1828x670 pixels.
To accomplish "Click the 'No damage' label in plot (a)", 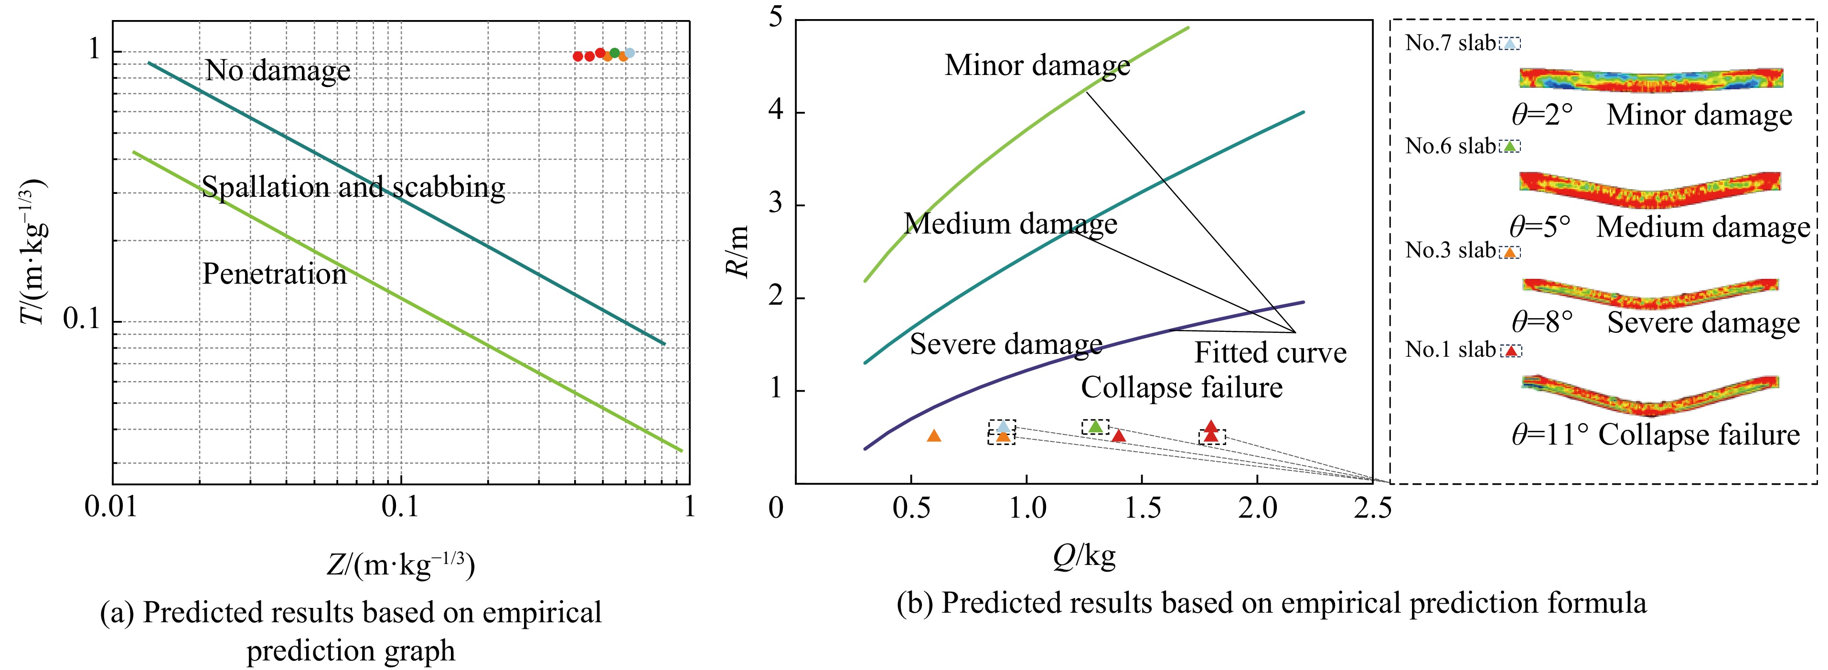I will (278, 71).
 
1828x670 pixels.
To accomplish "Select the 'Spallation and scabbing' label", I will (353, 187).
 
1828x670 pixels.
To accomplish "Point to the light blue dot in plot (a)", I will (630, 53).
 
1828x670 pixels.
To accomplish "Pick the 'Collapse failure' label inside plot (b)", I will (1182, 387).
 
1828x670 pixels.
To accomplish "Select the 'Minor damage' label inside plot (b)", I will (1037, 65).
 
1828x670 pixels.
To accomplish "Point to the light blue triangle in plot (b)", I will (1003, 426).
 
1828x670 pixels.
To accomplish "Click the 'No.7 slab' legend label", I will (1450, 43).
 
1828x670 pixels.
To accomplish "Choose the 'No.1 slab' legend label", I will (1450, 350).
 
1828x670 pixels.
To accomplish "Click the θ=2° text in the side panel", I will (1542, 115).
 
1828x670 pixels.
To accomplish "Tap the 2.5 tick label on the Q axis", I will (1372, 508).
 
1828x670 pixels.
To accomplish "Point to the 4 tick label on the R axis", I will (776, 112).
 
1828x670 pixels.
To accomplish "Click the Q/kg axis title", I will (1084, 556).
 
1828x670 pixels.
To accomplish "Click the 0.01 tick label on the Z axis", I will (113, 508).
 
